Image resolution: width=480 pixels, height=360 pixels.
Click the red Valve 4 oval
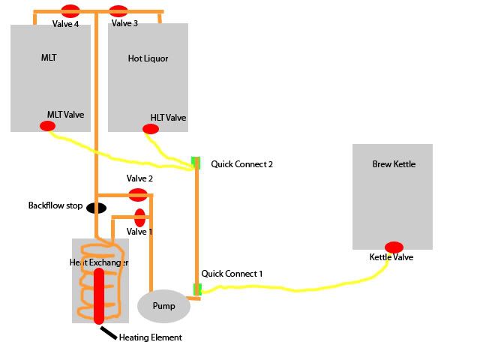pos(70,10)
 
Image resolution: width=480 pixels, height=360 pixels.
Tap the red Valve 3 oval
pos(118,11)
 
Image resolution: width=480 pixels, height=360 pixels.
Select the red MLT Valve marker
pos(47,126)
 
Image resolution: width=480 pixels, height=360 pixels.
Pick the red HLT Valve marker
pos(151,129)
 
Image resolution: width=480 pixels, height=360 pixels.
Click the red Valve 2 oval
pos(138,195)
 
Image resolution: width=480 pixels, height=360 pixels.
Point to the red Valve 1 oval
pos(139,217)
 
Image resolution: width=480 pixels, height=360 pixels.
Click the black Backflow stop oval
pos(96,208)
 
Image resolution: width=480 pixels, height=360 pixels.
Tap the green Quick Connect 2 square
pos(196,162)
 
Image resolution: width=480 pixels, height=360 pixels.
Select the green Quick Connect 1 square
pos(197,289)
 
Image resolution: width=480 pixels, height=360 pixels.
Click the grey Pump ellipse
pos(163,306)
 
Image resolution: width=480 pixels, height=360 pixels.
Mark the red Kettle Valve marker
pos(394,247)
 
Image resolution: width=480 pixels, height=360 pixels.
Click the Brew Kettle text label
pos(393,164)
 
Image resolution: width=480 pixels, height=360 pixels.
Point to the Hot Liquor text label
pos(148,58)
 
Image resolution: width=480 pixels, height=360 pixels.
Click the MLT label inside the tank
pos(49,57)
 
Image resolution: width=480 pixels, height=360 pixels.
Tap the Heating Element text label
pos(150,337)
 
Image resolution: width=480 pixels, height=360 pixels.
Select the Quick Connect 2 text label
pos(241,163)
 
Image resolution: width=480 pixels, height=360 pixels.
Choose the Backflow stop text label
pos(55,205)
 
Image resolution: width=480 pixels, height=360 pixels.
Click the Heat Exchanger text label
pos(99,262)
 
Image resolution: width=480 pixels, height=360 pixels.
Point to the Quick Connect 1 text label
pos(232,274)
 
